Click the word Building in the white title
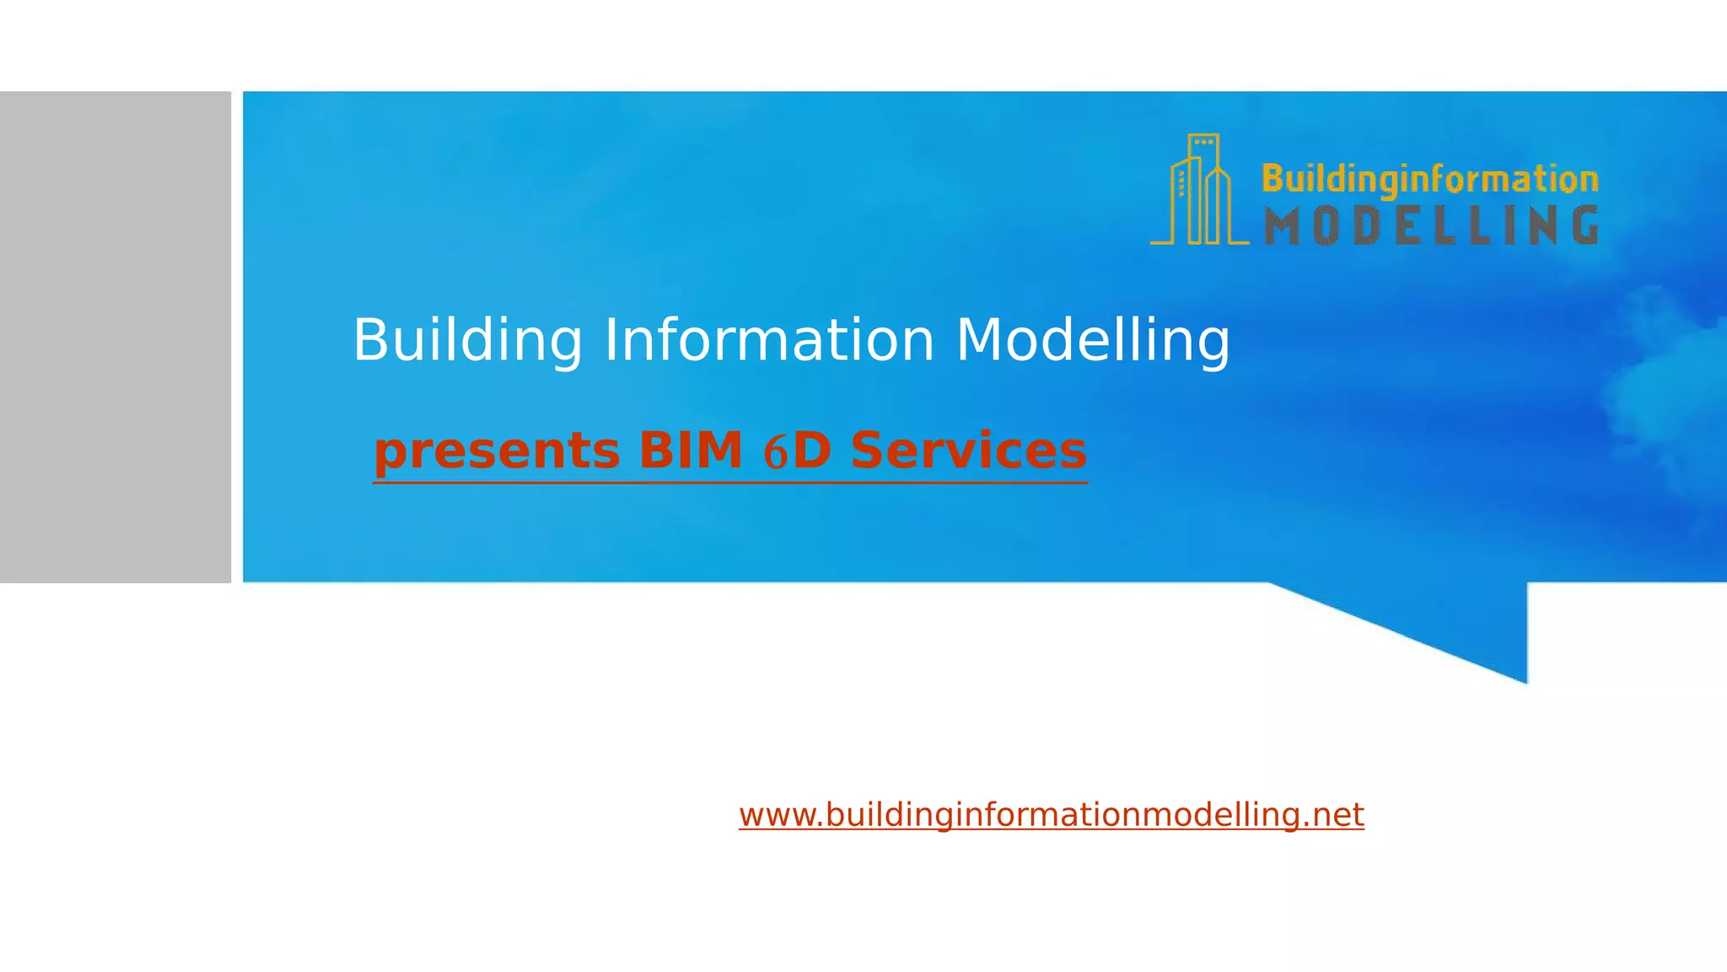point(467,341)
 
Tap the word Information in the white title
point(769,341)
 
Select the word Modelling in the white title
point(1092,341)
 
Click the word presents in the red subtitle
point(497,451)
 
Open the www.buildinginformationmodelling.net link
point(1051,815)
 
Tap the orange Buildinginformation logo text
point(1429,179)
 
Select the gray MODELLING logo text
point(1431,226)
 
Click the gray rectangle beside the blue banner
point(115,337)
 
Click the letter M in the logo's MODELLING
point(1282,226)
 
